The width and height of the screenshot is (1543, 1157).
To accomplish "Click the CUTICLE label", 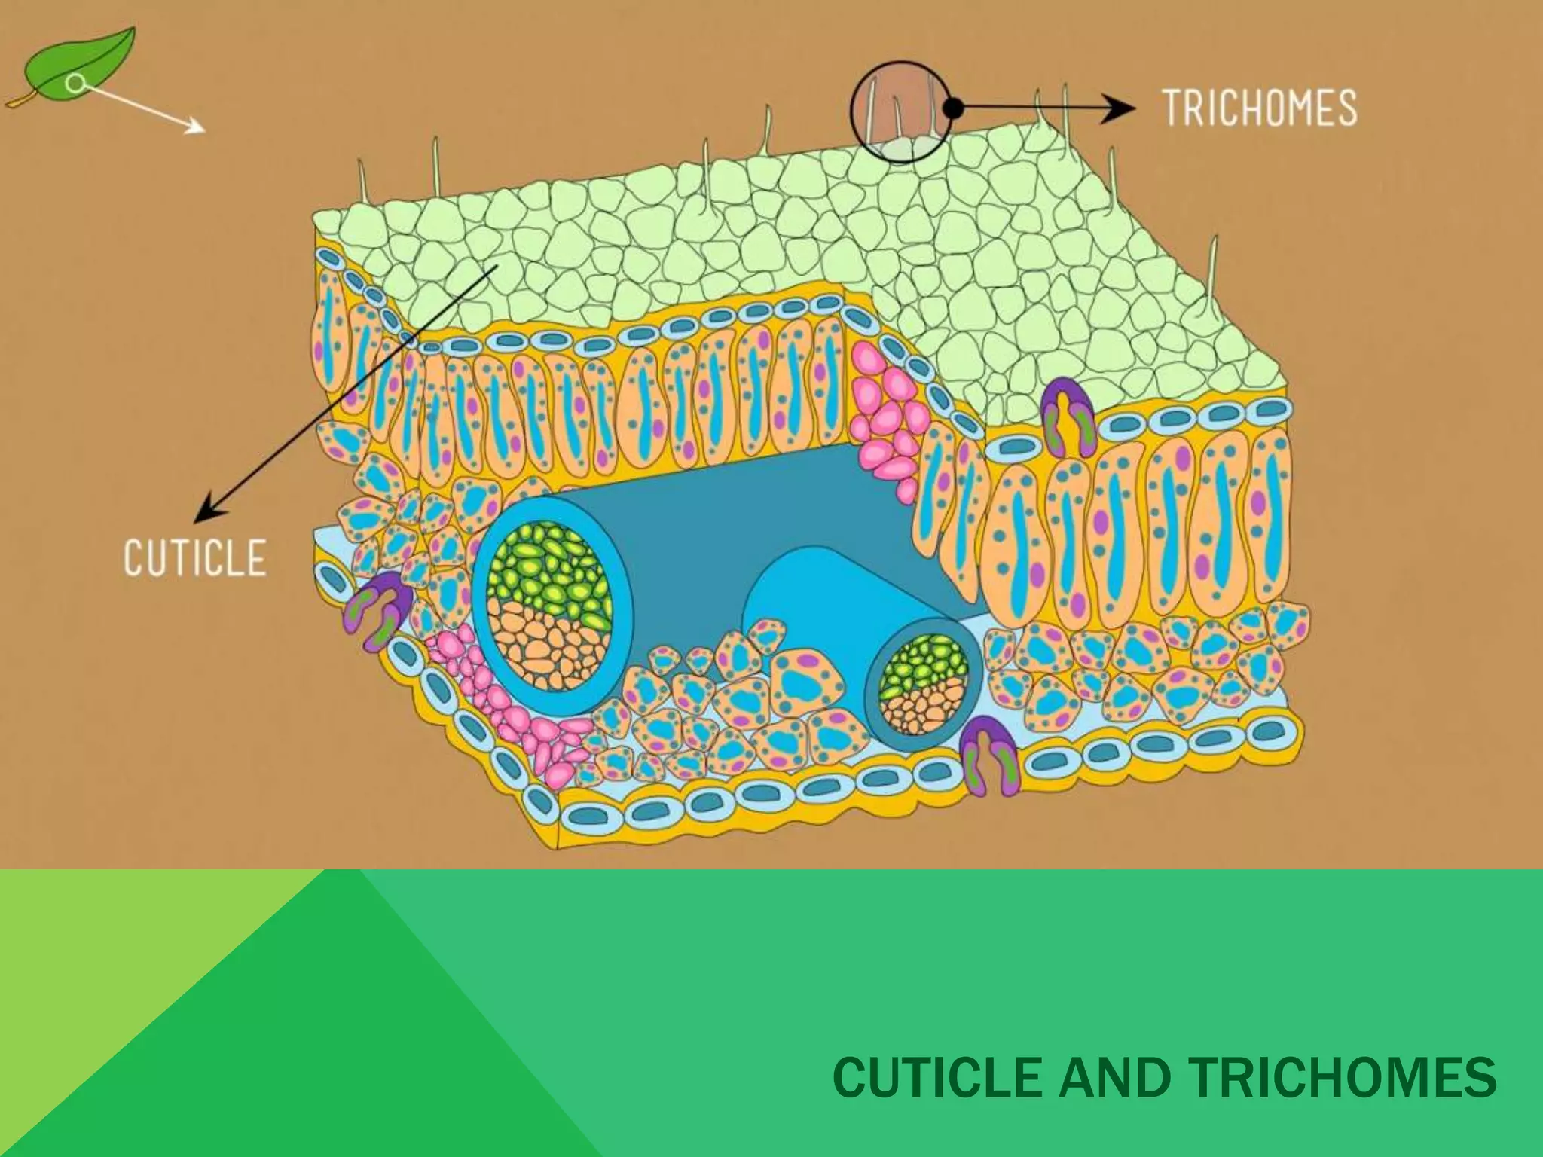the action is (194, 558).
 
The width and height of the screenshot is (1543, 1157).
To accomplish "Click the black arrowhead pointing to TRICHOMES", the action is (1123, 108).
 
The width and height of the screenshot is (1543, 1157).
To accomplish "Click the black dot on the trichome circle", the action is (953, 108).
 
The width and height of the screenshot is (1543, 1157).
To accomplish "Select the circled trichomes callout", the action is (900, 111).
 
